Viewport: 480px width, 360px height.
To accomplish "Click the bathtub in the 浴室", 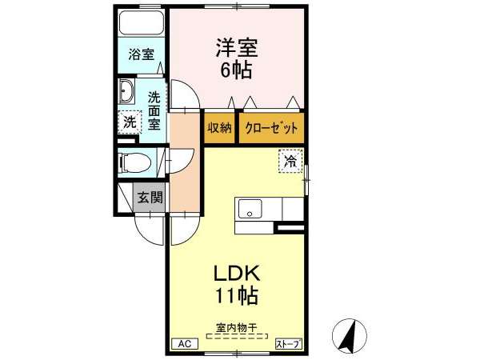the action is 142,23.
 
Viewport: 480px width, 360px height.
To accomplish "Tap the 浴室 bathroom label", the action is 141,54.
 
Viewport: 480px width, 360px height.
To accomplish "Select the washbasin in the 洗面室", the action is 126,91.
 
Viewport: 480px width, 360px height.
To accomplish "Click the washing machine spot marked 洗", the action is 130,122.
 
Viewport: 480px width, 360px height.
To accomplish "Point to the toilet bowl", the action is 134,162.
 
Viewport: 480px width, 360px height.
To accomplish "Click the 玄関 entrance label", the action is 150,197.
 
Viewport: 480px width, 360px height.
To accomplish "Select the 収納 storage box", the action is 219,128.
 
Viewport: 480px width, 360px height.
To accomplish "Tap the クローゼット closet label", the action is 271,128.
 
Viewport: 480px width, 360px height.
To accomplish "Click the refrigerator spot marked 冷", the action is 290,162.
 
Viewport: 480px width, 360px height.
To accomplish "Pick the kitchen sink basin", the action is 250,209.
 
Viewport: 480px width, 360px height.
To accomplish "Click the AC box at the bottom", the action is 185,344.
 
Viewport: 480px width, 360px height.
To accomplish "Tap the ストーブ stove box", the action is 288,344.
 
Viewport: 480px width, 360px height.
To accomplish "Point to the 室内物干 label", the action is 236,329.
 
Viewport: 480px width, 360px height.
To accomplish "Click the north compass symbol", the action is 350,335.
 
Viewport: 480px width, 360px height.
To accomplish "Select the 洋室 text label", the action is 237,47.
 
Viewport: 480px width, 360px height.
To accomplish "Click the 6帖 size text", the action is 236,70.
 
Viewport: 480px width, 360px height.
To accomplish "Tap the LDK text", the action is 237,274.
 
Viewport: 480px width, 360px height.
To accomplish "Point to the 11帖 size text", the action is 237,296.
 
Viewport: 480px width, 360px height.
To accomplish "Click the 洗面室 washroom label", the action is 154,111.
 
